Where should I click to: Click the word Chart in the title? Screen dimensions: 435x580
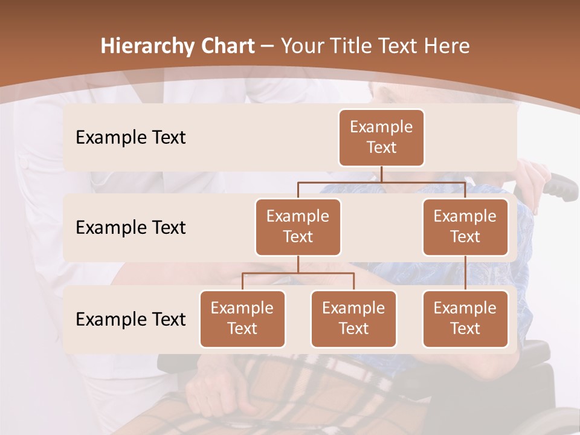225,46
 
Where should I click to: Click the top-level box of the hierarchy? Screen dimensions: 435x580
381,137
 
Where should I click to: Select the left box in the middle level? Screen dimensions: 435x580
298,227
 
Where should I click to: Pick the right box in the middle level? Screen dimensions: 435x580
465,227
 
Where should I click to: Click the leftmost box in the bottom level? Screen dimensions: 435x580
242,318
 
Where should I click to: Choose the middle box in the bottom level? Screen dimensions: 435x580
353,318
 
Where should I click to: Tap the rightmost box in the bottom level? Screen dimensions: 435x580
465,318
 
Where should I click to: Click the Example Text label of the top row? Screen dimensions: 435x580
130,137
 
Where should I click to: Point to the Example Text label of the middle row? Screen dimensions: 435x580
130,227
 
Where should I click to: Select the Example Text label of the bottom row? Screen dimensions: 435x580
130,319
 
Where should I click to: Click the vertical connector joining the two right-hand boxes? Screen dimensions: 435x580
465,272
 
